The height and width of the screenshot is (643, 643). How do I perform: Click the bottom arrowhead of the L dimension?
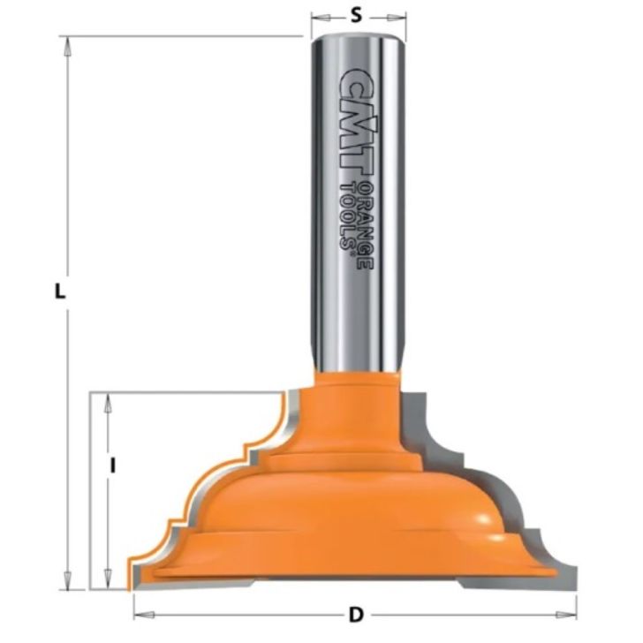(67, 582)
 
